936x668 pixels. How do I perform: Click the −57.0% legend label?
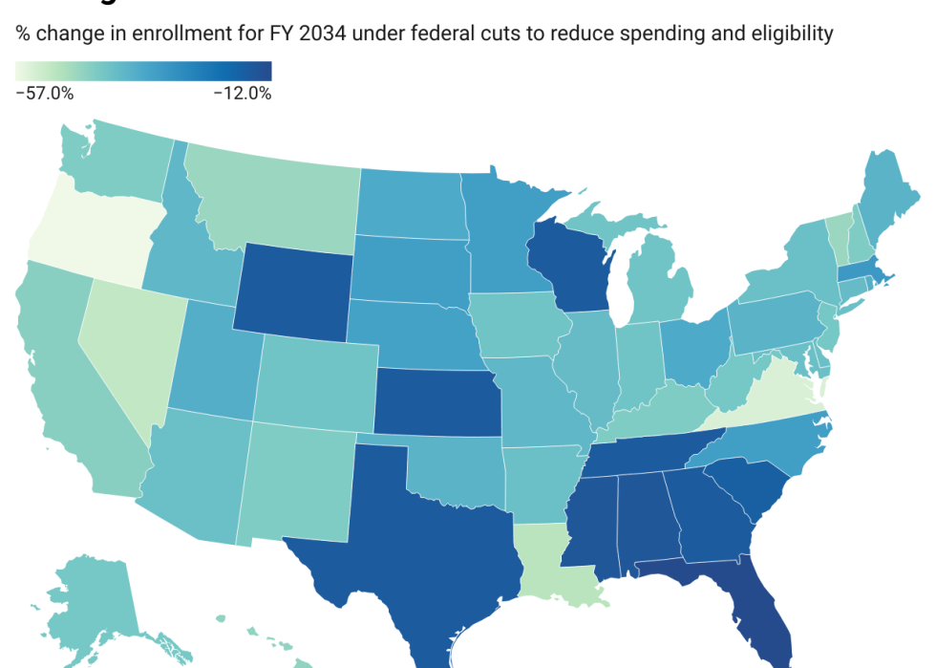pyautogui.click(x=45, y=94)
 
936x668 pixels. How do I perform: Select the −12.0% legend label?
pyautogui.click(x=243, y=94)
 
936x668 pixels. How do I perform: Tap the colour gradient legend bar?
pyautogui.click(x=143, y=72)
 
